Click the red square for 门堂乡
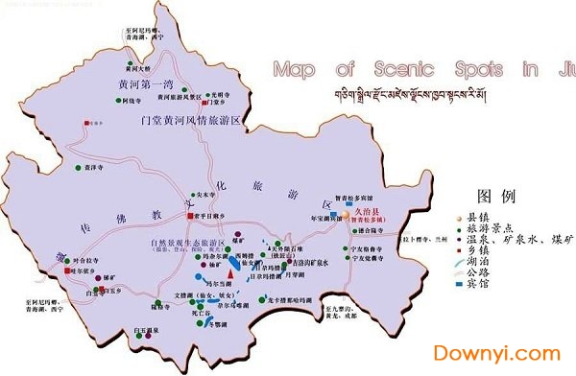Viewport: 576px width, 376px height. pyautogui.click(x=86, y=123)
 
